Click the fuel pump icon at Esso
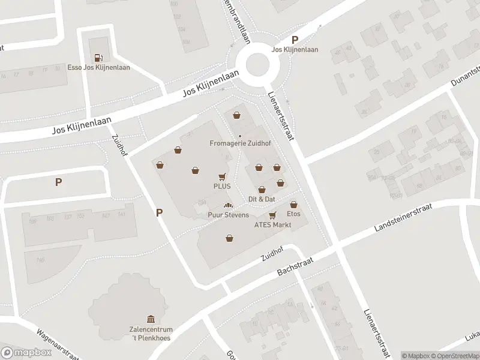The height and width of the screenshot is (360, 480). point(99,58)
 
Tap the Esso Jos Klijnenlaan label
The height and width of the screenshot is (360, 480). point(99,67)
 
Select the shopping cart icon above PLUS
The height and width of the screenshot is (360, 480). point(222,177)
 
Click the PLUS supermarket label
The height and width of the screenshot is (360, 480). point(222,186)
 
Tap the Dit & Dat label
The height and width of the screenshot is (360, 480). point(262,199)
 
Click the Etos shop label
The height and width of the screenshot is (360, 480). point(293,214)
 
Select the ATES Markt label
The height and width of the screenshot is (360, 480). point(272,225)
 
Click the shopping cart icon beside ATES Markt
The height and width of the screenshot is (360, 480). point(272,215)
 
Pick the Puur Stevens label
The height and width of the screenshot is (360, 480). point(228,215)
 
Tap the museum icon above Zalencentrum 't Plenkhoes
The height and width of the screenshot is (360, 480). point(151,319)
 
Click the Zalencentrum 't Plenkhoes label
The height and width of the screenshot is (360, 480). point(151,334)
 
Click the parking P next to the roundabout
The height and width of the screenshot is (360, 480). point(295,40)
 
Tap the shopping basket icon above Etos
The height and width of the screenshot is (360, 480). point(293,204)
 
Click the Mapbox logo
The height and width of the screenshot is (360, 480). point(26,352)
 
